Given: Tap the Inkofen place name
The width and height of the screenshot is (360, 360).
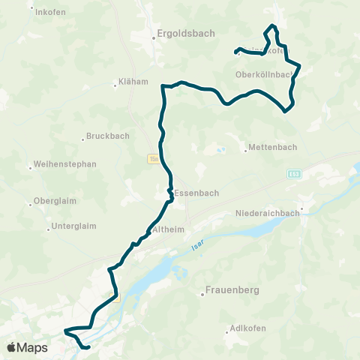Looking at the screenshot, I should click(52, 11).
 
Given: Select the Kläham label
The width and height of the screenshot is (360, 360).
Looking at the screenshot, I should click(134, 82).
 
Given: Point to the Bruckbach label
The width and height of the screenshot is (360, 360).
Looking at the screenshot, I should click(108, 136).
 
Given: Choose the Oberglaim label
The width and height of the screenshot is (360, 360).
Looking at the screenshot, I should click(56, 202).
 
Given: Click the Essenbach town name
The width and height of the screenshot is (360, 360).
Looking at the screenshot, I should click(196, 193).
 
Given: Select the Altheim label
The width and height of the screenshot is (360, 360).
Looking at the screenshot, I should click(166, 229).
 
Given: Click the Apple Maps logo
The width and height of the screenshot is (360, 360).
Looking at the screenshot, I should click(28, 347).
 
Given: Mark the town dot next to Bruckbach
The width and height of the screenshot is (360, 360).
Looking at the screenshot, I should click(82, 139).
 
